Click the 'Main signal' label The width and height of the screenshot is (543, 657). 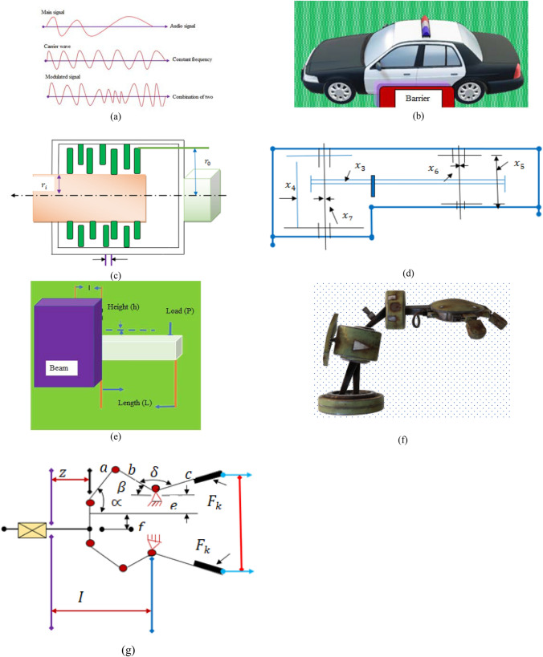54,14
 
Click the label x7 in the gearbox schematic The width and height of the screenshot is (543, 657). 345,217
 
